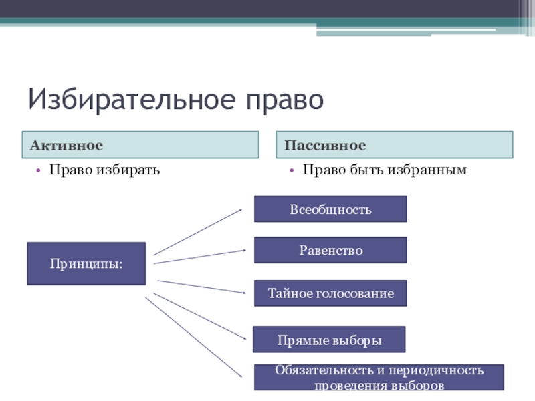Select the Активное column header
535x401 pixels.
142,145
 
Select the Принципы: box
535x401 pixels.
86,263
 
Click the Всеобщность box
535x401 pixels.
330,209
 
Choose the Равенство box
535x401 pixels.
330,249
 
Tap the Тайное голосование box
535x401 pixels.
330,293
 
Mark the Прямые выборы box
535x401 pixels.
329,340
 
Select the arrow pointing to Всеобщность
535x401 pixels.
198,231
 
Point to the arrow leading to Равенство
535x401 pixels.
200,257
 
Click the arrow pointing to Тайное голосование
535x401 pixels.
201,287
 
